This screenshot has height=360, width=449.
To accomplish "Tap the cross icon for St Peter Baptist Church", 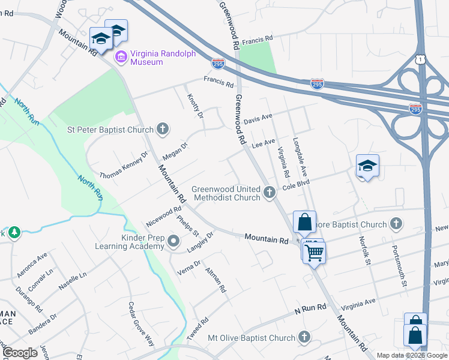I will coord(162,128).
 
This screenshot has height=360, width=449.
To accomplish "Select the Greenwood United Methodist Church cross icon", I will coord(270,193).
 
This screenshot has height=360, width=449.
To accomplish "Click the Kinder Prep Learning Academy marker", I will coord(174,242).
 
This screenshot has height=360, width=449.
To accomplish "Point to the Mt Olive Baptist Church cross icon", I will coord(304,338).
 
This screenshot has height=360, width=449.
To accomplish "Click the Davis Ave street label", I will coord(258,116).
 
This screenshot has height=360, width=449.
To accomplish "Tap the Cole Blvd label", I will coord(295,187).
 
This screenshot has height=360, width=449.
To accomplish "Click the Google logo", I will coord(20,353).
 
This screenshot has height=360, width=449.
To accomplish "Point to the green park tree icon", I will coord(13,232).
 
